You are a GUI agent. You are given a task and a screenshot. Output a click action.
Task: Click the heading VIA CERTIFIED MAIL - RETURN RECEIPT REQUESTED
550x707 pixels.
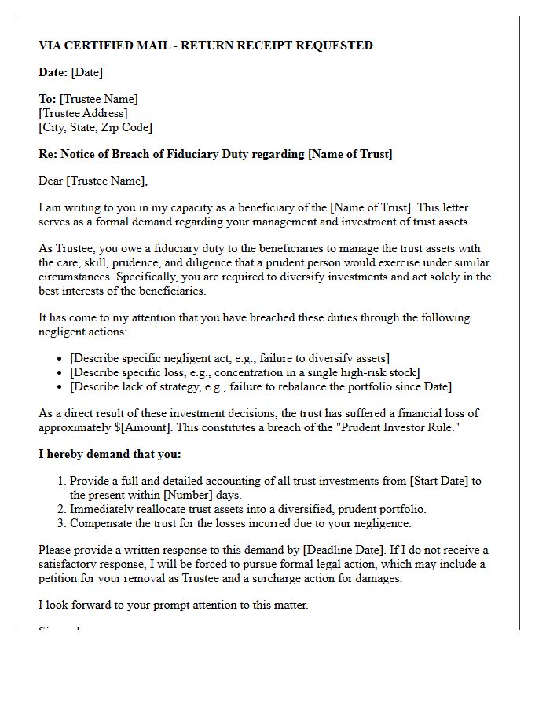point(206,46)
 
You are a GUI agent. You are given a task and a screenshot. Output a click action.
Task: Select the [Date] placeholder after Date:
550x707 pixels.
point(86,72)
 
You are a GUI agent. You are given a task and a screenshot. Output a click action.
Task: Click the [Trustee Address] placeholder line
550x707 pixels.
point(83,113)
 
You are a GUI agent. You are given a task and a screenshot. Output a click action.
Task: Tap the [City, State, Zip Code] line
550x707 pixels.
point(95,126)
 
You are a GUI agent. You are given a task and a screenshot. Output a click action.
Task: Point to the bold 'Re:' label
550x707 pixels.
point(48,154)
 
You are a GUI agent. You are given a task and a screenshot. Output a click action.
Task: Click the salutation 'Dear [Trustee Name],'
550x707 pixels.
point(93,181)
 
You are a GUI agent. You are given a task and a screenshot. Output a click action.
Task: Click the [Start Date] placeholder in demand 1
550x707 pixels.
point(432,481)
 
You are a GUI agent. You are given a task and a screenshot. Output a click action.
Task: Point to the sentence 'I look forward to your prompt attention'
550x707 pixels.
point(174,604)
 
